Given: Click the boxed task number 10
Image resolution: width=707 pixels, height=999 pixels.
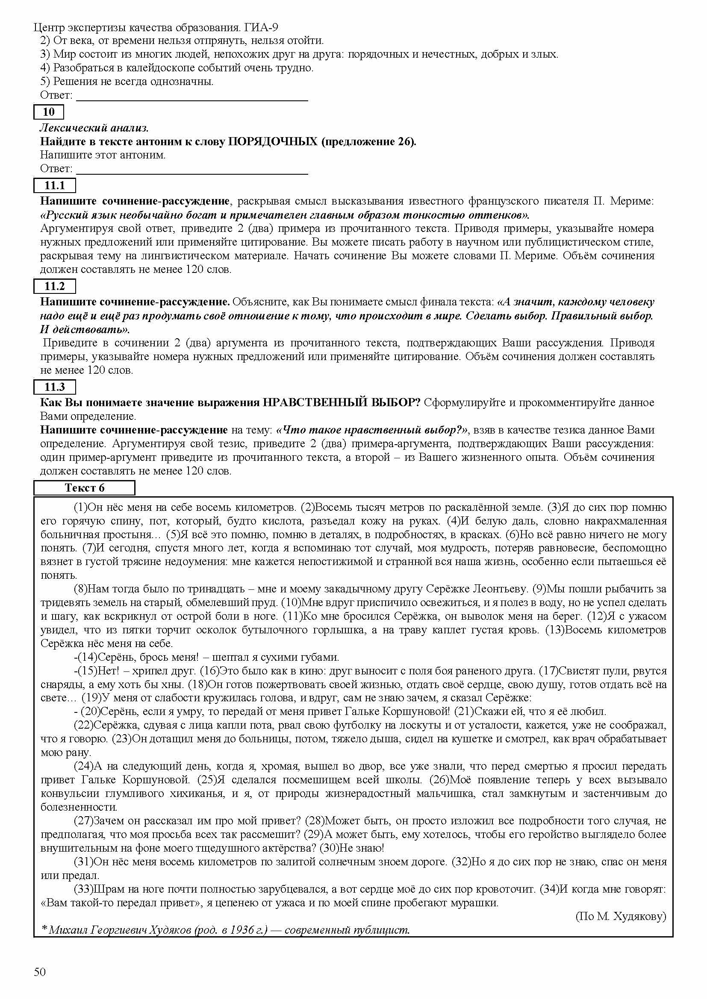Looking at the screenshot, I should (x=49, y=112).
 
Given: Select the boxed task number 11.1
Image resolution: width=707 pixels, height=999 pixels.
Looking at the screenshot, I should (x=54, y=185).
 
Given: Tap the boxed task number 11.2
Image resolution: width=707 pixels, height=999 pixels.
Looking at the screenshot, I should (x=54, y=286).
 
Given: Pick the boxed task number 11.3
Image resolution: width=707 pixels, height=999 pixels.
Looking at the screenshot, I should (x=54, y=387).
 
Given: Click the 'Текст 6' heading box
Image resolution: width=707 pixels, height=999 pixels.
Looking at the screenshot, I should (x=85, y=488).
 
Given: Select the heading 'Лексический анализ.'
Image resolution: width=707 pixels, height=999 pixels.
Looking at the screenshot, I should (x=94, y=128).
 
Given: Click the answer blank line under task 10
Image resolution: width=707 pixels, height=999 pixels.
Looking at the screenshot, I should (x=192, y=173).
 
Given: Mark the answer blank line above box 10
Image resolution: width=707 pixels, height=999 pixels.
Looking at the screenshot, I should (x=192, y=100).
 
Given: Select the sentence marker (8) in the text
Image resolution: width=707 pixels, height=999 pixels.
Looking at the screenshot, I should (x=81, y=589).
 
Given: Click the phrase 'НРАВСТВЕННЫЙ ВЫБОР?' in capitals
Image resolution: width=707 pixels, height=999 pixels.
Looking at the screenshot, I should (x=342, y=402).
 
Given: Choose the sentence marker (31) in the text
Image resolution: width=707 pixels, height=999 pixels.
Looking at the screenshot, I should (x=83, y=862).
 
